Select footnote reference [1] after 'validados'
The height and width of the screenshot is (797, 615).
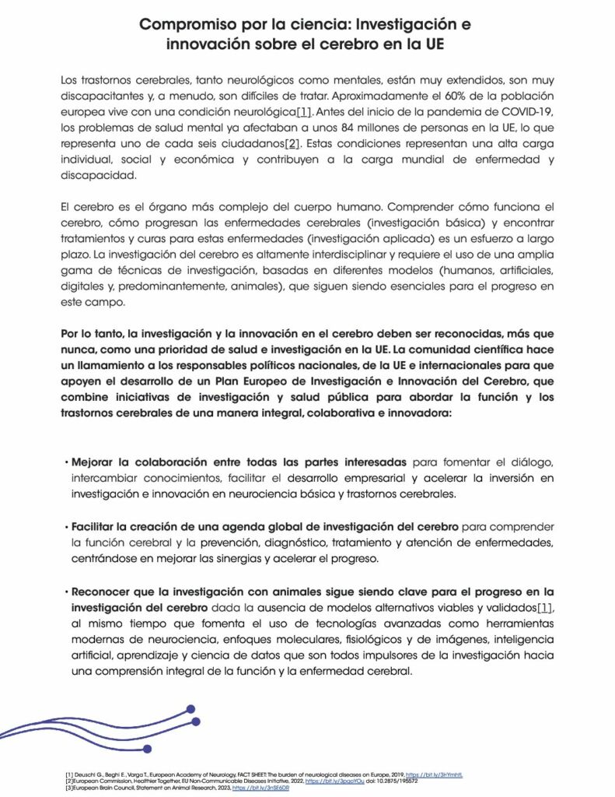click(x=545, y=606)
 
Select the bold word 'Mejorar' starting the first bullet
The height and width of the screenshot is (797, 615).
click(x=97, y=463)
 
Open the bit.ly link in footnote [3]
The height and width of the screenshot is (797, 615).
click(x=267, y=789)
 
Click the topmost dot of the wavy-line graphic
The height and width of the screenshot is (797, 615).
click(x=191, y=709)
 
